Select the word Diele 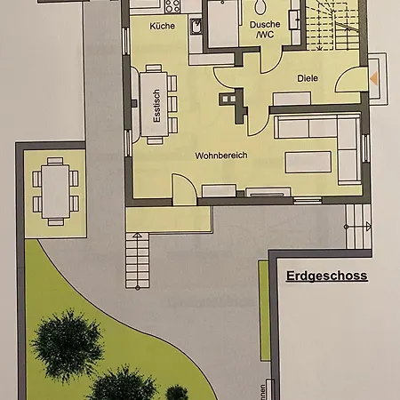click(x=308, y=77)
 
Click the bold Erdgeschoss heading click(x=326, y=276)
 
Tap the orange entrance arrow click(x=374, y=78)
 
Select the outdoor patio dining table click(x=56, y=189)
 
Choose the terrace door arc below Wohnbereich click(x=183, y=188)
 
